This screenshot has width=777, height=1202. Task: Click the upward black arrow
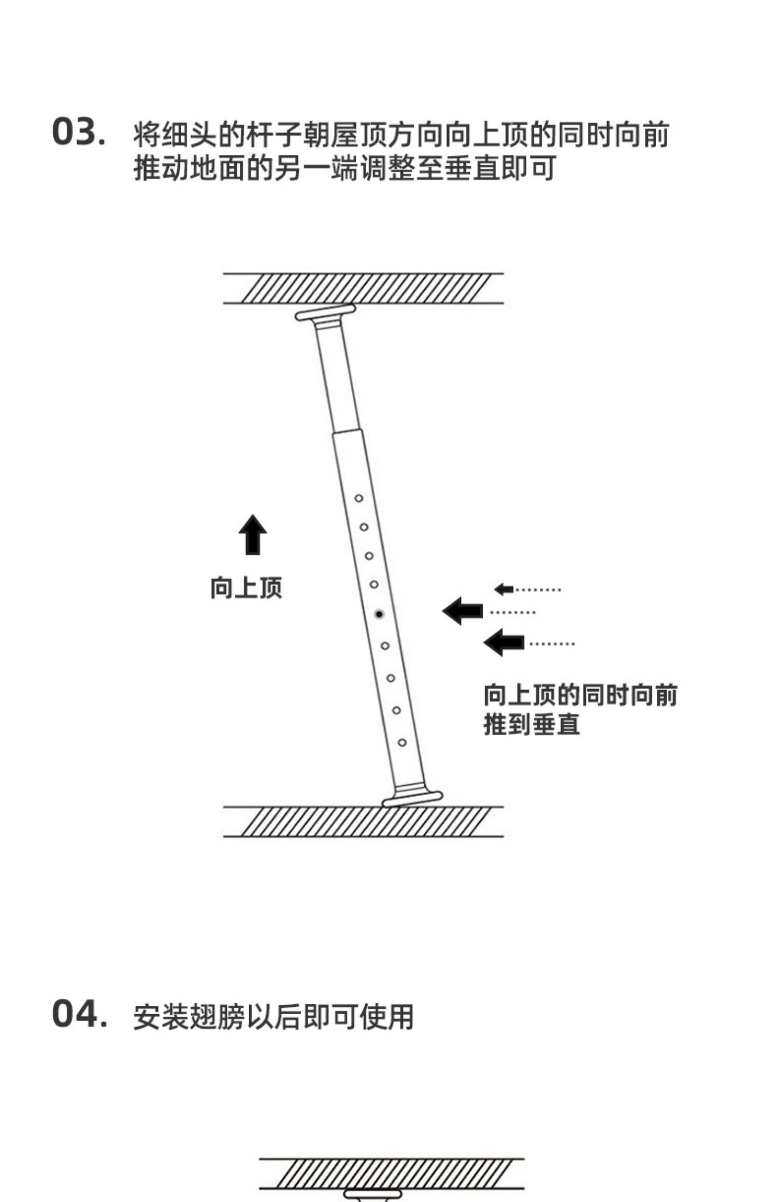[x=252, y=535]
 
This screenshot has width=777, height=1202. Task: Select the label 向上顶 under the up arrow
[x=246, y=588]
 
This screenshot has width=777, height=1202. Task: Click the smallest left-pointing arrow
[x=503, y=589]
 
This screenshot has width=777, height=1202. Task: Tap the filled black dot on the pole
[x=379, y=614]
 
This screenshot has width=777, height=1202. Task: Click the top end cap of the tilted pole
[x=326, y=313]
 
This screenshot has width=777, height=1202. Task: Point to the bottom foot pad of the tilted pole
[x=412, y=799]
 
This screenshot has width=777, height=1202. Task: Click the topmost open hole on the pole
[x=358, y=499]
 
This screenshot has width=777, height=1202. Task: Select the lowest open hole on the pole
[x=402, y=743]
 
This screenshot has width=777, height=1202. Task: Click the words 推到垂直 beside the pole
[x=531, y=724]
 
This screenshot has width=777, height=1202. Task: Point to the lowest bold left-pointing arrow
[x=504, y=642]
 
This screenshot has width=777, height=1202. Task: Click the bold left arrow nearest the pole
[x=463, y=611]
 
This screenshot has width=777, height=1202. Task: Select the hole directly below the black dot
[x=385, y=646]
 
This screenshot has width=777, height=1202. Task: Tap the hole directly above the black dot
[x=374, y=584]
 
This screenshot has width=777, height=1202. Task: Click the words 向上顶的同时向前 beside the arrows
[x=580, y=695]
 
